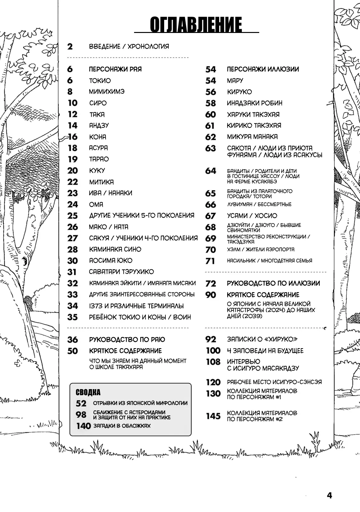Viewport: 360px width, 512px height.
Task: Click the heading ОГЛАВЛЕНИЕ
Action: click(196, 25)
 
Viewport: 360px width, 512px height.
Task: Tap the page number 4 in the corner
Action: click(330, 495)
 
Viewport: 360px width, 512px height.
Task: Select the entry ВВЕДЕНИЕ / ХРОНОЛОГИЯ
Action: click(129, 46)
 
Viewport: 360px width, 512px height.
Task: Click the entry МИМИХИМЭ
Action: click(107, 92)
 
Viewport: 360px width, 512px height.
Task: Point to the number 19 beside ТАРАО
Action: click(73, 159)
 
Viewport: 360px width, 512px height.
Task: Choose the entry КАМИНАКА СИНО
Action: click(115, 249)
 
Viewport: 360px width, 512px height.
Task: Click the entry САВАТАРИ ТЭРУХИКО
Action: click(121, 272)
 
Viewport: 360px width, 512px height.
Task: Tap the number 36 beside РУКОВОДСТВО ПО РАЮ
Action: click(73, 340)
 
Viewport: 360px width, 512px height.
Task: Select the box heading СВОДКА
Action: click(88, 392)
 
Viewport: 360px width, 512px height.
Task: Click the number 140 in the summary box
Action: click(84, 426)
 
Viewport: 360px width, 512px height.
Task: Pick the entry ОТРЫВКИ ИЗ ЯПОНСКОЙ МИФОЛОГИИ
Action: click(140, 403)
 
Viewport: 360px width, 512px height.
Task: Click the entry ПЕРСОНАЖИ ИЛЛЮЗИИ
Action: click(263, 69)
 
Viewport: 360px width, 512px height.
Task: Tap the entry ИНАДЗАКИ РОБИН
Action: click(255, 103)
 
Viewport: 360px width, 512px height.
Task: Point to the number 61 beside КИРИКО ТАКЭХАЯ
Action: click(210, 126)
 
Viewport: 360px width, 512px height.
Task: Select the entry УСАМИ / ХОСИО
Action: click(252, 216)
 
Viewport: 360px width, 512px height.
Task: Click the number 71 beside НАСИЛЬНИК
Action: click(210, 261)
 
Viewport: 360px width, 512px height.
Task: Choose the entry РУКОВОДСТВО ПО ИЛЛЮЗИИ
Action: click(273, 283)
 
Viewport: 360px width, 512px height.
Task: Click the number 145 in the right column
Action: click(213, 416)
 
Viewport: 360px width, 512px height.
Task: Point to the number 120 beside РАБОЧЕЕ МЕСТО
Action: click(213, 382)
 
